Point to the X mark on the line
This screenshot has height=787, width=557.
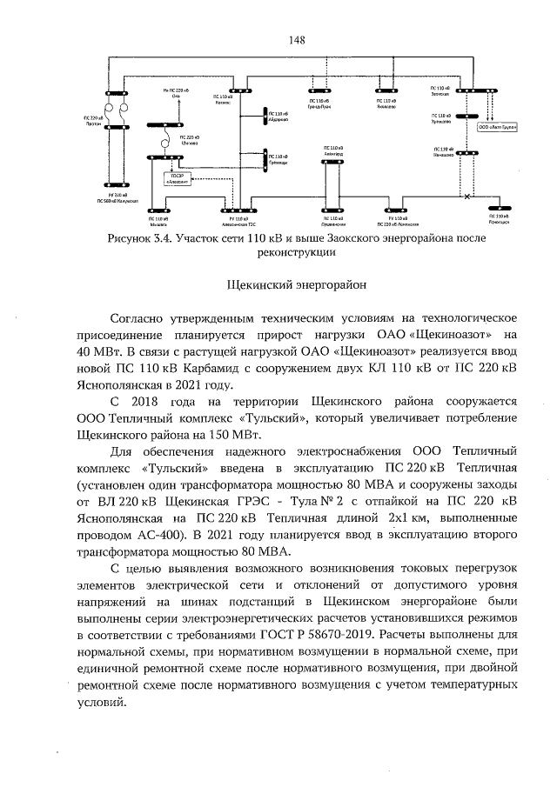[x=467, y=197]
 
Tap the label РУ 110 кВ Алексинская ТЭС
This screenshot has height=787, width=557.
[x=236, y=221]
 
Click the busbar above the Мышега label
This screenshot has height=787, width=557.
[x=160, y=209]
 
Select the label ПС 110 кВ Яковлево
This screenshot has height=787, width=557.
[x=387, y=105]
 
